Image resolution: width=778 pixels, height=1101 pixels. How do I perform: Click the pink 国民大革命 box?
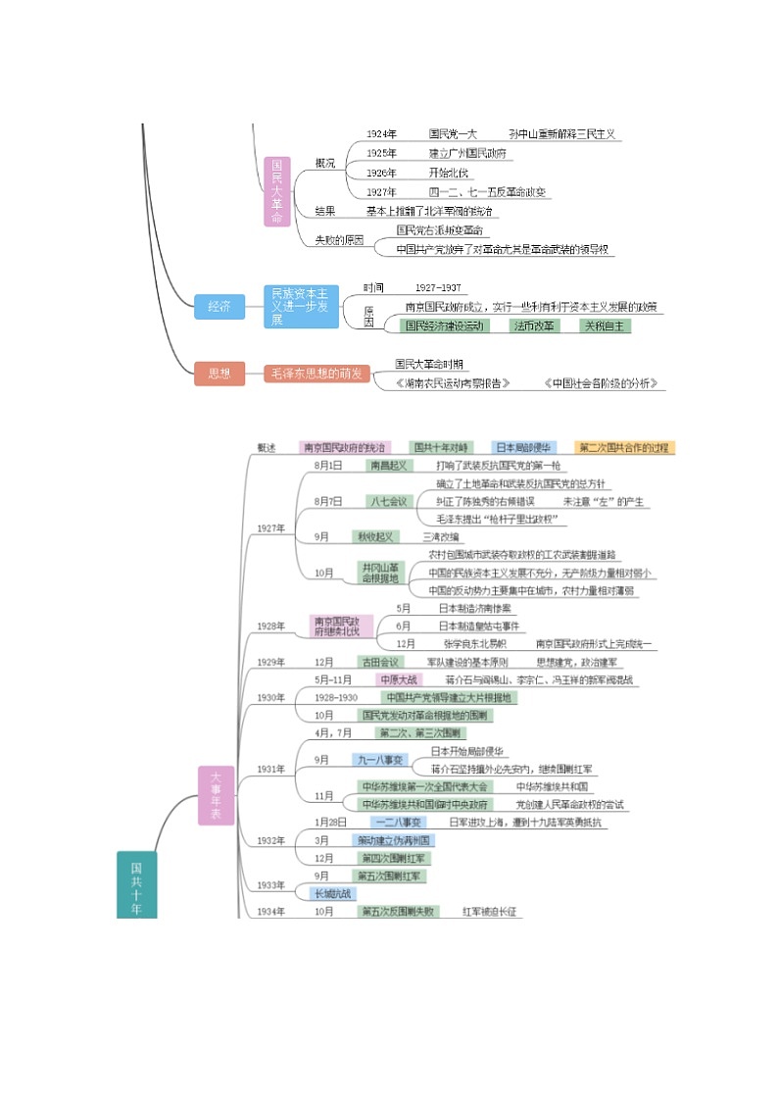point(278,191)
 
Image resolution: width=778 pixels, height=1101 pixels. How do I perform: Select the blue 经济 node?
point(219,307)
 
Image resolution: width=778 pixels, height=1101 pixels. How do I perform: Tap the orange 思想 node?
point(219,373)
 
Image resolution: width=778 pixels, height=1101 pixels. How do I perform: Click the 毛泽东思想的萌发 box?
point(316,374)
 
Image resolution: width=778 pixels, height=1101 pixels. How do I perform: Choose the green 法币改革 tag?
point(534,325)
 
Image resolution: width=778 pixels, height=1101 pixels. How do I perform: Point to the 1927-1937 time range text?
point(437,288)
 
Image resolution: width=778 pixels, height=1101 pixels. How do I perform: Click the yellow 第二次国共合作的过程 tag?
point(624,447)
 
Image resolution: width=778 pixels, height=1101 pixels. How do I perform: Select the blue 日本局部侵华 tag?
point(523,447)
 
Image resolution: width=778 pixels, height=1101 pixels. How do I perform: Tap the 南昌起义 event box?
point(388,465)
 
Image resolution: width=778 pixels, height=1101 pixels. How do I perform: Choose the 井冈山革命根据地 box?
point(380,573)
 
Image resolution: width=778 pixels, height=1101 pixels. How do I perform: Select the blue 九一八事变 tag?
point(377,759)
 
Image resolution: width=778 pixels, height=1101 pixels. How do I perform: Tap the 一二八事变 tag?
point(398,822)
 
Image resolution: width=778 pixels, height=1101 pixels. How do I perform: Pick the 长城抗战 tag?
point(333,893)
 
